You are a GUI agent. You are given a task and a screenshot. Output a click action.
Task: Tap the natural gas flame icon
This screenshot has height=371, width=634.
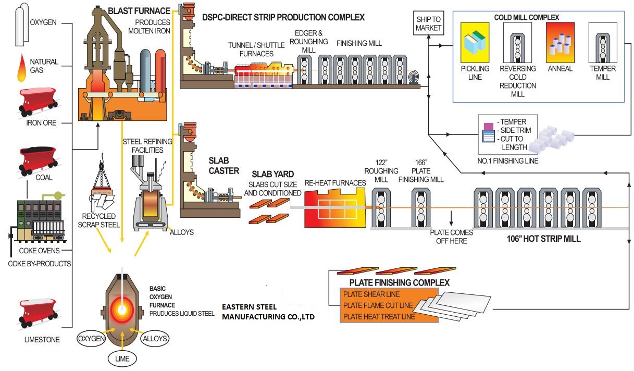point(22,68)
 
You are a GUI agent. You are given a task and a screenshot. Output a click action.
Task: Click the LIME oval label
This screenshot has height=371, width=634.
point(122,358)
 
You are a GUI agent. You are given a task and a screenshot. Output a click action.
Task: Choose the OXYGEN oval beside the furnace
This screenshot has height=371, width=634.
point(91,339)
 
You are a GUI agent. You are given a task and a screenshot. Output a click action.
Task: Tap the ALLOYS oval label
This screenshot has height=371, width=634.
point(155,339)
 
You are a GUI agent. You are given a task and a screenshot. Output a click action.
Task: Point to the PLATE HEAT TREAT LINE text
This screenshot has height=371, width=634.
point(379,316)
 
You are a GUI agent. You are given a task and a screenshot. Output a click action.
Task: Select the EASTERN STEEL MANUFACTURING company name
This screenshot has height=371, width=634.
point(268,312)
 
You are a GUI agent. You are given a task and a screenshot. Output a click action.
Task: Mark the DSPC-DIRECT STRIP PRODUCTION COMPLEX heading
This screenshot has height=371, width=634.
point(283,17)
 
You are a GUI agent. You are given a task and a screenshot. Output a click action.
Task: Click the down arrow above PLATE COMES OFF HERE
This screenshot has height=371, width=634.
point(452,216)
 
